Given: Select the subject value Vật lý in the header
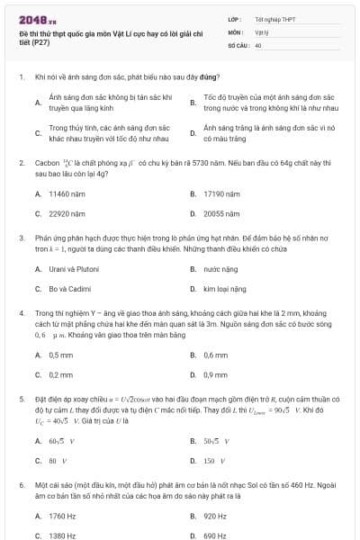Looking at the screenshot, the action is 262,31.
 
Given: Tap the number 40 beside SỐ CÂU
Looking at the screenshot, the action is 258,43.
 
